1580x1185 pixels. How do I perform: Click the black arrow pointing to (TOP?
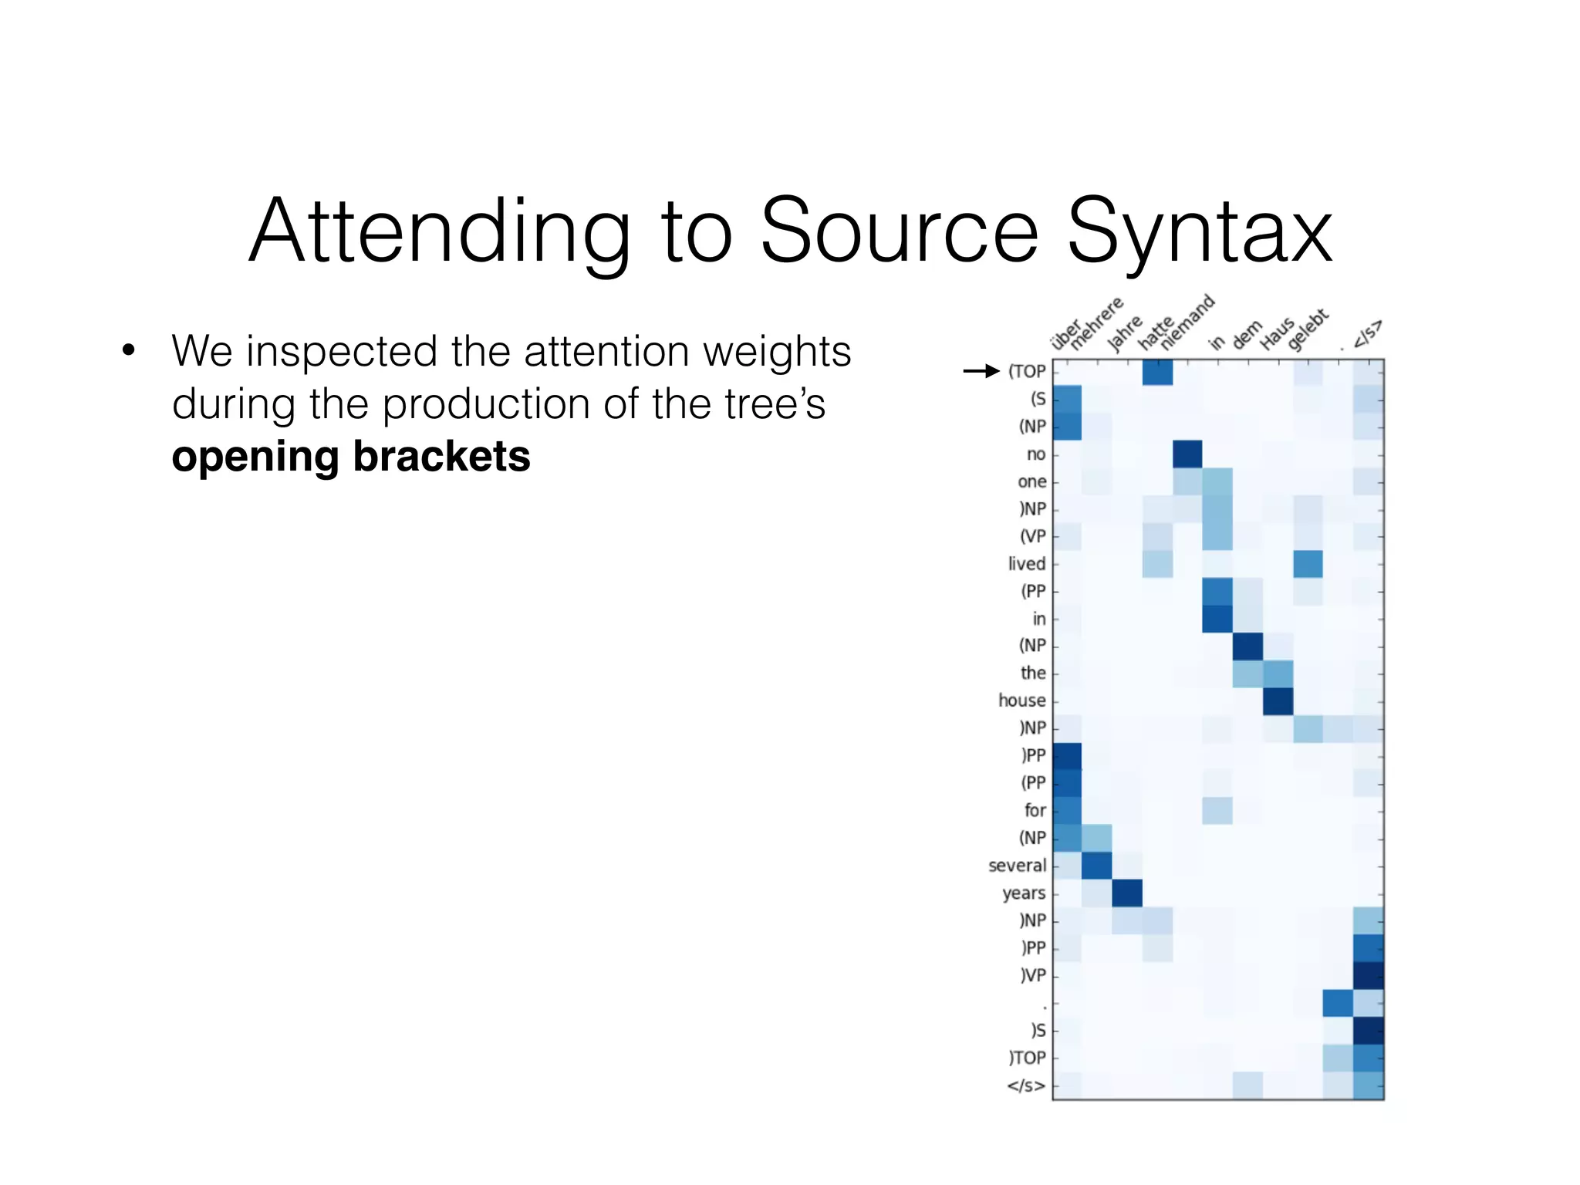coord(981,371)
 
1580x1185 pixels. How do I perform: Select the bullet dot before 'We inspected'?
coord(129,351)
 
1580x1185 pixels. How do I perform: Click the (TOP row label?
coord(1027,371)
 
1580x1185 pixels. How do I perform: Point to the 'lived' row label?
coord(1026,564)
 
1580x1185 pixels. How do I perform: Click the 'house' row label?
coord(1021,701)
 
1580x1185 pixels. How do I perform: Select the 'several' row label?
coord(1017,866)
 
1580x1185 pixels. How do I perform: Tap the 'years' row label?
coord(1024,893)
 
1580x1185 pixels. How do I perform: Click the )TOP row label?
coord(1027,1058)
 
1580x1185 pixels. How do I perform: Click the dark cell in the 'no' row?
coord(1187,454)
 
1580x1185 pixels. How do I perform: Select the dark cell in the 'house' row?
coord(1278,701)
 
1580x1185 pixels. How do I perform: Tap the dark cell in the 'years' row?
coord(1127,893)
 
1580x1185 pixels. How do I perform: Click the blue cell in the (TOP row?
coord(1157,372)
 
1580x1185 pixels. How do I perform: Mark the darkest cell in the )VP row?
coord(1369,975)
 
